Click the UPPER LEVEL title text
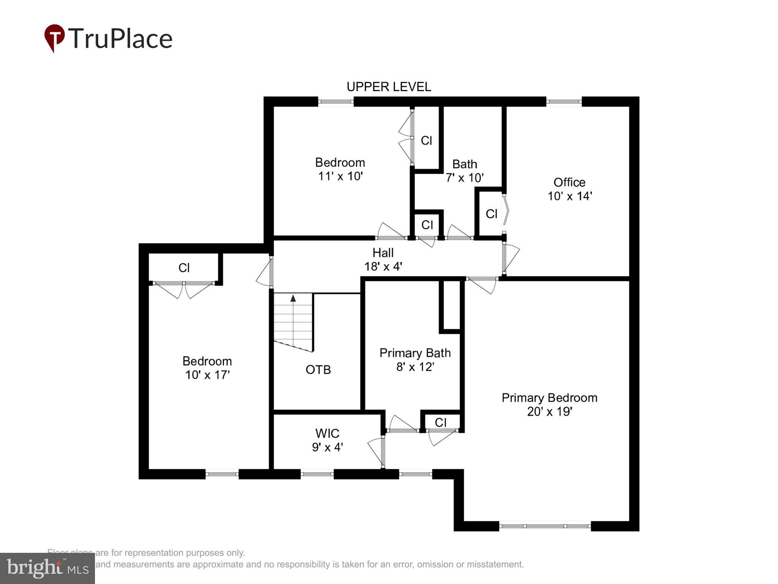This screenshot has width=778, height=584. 389,87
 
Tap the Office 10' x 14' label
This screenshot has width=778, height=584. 569,189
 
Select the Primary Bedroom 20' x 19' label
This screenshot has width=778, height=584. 549,405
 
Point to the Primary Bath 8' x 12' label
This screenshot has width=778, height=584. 415,360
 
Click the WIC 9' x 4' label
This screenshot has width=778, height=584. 327,440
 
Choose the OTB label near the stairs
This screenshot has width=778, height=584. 318,370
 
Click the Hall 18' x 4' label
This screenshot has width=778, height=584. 383,259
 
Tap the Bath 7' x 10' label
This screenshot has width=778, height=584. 464,171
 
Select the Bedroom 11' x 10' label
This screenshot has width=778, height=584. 340,169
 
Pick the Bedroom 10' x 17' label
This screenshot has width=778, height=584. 207,368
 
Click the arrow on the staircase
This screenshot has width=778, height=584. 293,298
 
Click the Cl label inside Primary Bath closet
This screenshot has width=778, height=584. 441,422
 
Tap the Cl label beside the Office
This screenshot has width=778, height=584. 491,214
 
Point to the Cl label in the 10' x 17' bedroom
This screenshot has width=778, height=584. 184,268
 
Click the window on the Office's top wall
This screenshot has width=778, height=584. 564,102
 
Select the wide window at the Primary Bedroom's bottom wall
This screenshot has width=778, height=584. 545,526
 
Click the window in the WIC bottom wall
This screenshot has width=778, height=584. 317,474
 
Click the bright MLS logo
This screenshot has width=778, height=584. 47,568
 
